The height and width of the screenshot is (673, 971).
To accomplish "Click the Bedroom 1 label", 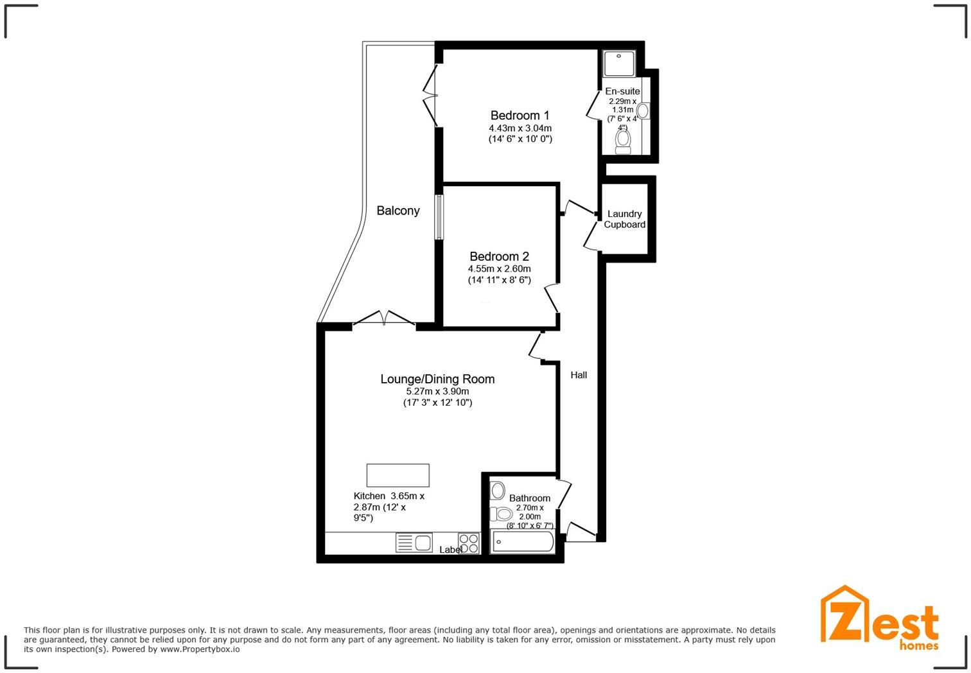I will (520, 116).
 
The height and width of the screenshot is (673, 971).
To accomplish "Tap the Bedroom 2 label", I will (499, 256).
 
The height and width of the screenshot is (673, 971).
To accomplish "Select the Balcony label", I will (398, 211).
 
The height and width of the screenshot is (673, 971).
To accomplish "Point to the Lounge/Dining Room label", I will (437, 379).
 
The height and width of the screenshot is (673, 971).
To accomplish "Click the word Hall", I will (579, 375).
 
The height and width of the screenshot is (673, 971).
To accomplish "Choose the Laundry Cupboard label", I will (624, 219).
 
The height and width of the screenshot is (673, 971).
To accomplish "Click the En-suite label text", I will (622, 91).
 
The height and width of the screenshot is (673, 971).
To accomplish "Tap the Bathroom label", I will (529, 498).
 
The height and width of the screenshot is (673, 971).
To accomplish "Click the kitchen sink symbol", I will (414, 543).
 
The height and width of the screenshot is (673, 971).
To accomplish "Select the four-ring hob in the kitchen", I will (469, 543).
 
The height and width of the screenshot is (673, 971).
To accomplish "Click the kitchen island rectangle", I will (398, 475).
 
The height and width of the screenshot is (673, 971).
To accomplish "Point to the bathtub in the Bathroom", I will (522, 542).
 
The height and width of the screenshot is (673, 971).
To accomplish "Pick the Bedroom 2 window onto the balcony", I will (439, 217).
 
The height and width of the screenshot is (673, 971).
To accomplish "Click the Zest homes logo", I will (879, 617).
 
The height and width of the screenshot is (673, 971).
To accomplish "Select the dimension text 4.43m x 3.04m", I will (520, 128).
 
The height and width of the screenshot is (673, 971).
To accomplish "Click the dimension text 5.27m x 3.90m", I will (437, 391).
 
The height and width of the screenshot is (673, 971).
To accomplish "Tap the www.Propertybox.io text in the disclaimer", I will (200, 649).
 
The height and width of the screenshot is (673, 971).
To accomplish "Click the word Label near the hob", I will (450, 550).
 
